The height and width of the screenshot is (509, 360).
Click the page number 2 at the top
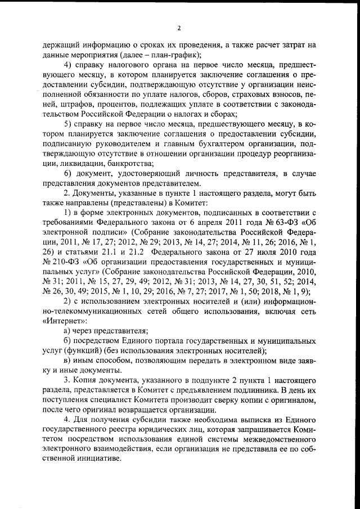179,28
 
